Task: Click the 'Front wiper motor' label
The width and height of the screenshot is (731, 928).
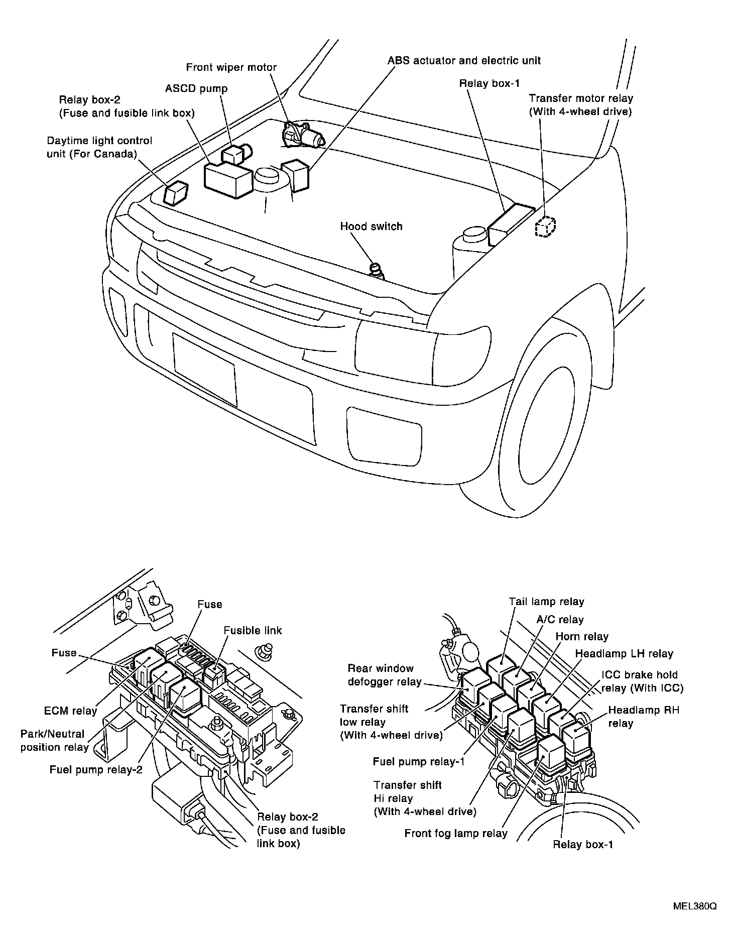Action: point(231,67)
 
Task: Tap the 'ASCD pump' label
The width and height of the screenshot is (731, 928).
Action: point(196,89)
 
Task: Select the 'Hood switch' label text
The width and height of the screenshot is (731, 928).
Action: point(371,226)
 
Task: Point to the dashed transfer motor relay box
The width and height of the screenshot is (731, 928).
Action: point(545,227)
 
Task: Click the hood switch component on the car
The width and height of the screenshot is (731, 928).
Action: point(376,270)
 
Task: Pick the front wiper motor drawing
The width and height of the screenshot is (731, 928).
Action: point(303,135)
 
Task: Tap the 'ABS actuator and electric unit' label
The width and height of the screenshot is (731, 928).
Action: point(464,61)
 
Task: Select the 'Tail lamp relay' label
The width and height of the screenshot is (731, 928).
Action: point(546,602)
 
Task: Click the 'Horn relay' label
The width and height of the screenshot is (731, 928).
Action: point(581,637)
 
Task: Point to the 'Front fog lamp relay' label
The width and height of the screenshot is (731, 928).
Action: point(456,834)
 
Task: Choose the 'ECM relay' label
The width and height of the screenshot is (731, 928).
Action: point(70,711)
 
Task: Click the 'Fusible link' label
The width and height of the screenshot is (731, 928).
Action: point(253,630)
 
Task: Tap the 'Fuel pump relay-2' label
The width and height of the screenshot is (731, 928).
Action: point(96,769)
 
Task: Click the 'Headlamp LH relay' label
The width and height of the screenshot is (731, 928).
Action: point(624,654)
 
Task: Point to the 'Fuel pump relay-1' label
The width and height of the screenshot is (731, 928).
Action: point(419,762)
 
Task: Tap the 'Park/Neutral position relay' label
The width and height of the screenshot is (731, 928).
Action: point(54,741)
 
